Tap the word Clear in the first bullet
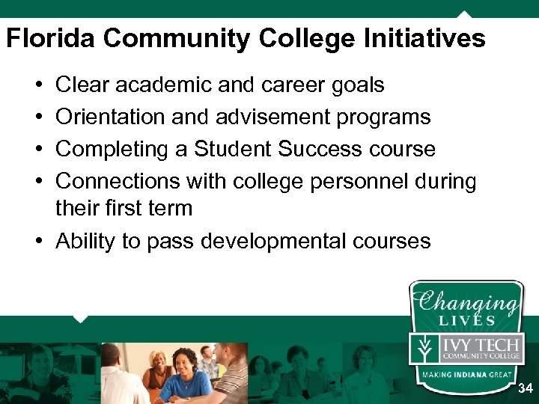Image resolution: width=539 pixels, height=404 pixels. pyautogui.click(x=82, y=85)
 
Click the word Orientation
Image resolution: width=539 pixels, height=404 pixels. pyautogui.click(x=111, y=117)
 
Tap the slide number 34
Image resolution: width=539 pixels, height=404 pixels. pyautogui.click(x=526, y=388)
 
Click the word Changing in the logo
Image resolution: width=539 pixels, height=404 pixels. pyautogui.click(x=466, y=302)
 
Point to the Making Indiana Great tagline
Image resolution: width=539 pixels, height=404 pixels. pyautogui.click(x=466, y=374)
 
